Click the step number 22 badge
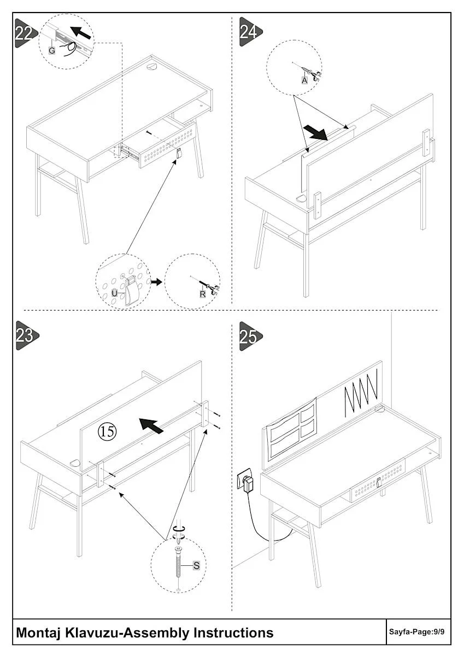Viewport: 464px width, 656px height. point(24,33)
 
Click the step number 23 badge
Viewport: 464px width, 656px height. point(25,335)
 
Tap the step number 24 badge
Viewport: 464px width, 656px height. point(249,31)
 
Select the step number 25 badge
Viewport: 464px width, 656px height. point(249,336)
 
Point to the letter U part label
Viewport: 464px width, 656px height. point(114,292)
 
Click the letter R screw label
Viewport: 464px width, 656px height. point(202,294)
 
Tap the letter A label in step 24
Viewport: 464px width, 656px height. point(304,79)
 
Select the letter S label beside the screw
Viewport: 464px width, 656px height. point(196,566)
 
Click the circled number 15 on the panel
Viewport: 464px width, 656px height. point(107,431)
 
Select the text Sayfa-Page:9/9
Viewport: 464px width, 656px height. point(416,632)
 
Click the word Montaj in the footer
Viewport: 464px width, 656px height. point(39,632)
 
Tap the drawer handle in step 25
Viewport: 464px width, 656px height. point(378,483)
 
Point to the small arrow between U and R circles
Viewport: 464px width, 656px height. point(157,282)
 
